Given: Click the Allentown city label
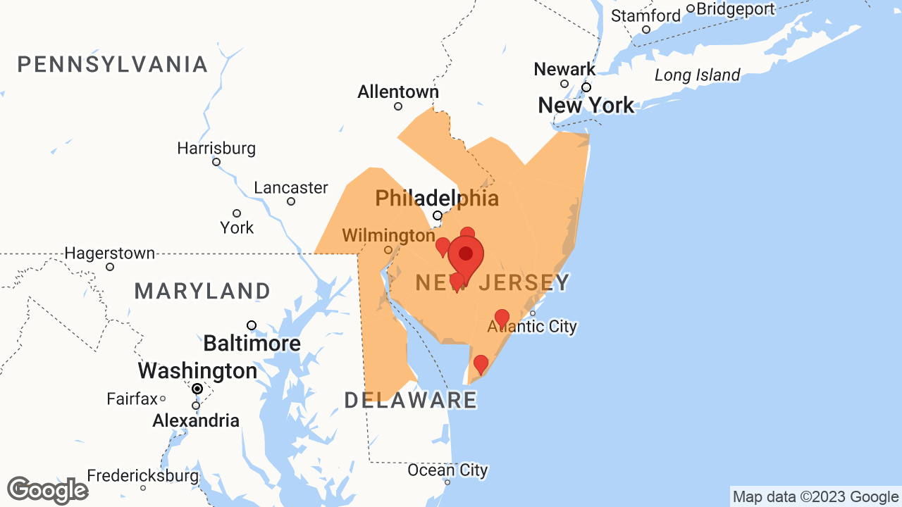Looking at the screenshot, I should (397, 92).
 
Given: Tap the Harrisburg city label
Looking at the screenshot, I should (216, 149).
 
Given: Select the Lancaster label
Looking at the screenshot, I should (291, 188).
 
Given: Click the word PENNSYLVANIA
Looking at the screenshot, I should (113, 65).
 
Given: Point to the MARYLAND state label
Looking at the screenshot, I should (202, 291).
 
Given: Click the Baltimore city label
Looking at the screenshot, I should (252, 344).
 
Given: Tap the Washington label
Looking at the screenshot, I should (197, 370).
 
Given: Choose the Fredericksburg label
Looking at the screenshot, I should (143, 475).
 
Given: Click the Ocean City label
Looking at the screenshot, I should (447, 470).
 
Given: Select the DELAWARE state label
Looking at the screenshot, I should (411, 400).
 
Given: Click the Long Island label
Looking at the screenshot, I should (697, 75).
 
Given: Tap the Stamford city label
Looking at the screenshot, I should (645, 15).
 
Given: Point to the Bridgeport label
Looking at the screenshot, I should (735, 9).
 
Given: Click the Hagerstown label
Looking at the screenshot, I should (110, 253).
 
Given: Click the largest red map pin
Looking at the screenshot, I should (466, 256).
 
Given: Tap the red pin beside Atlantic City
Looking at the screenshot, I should (502, 318).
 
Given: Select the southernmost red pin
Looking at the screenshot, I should (481, 364).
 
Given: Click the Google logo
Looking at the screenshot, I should (47, 490).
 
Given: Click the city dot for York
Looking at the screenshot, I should (237, 213).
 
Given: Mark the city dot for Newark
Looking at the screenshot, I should (564, 84).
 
